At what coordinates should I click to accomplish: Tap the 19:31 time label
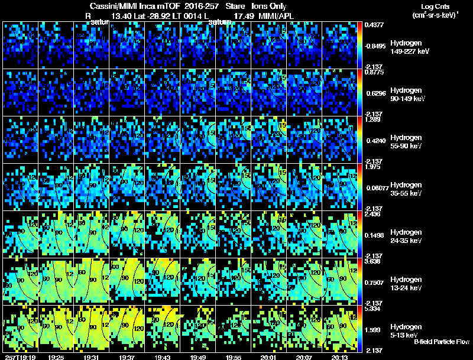click(90, 357)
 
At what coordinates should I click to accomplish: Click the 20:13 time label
click(340, 357)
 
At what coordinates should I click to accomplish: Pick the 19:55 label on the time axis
click(232, 357)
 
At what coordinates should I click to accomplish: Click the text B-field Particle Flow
click(442, 342)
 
